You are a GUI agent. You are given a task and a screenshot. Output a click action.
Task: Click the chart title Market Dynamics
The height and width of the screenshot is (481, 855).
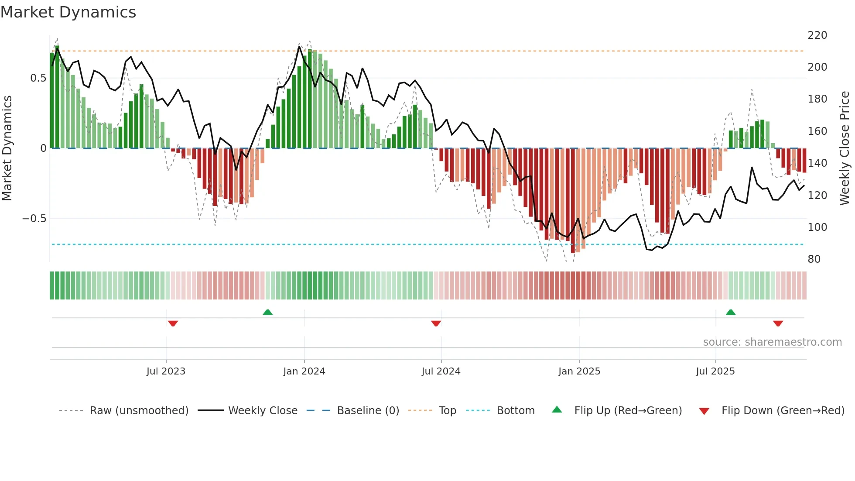(x=68, y=12)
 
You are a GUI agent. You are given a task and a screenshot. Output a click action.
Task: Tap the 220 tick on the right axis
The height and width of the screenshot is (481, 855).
(x=817, y=35)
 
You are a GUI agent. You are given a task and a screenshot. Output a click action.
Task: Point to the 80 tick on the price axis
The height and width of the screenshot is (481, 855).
(x=814, y=259)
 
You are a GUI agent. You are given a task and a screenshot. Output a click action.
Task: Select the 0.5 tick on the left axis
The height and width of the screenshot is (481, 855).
(x=38, y=78)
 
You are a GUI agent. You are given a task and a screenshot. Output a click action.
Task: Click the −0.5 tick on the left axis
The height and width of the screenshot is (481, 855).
(x=34, y=219)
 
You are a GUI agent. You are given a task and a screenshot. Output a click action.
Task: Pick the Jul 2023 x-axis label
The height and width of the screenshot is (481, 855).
(x=166, y=371)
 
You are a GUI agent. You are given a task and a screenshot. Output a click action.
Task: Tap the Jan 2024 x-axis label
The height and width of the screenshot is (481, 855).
(x=304, y=371)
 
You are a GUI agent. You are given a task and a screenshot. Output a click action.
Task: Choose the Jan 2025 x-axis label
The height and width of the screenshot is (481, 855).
(x=579, y=371)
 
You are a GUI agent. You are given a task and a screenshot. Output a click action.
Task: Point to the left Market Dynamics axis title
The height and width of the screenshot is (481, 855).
(x=7, y=148)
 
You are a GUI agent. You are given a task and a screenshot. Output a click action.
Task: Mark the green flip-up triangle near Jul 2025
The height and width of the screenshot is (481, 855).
(x=730, y=312)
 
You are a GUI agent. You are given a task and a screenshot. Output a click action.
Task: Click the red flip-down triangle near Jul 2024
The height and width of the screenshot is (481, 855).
(x=436, y=323)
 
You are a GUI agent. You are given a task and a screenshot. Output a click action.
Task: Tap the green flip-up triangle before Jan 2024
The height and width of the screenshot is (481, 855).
(x=267, y=312)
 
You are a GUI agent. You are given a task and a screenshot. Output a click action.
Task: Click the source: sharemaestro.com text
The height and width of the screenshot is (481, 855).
(x=772, y=342)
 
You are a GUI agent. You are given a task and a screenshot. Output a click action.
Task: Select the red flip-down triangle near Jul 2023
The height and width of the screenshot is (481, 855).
(x=173, y=323)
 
